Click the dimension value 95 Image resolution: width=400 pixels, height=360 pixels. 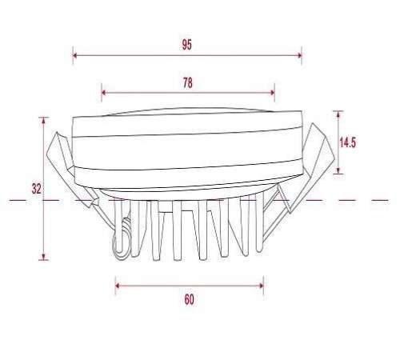click(x=186, y=45)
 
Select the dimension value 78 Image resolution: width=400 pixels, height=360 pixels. click(x=188, y=82)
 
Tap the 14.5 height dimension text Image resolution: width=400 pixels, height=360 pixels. click(x=347, y=142)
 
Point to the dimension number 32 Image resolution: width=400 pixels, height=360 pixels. click(x=36, y=189)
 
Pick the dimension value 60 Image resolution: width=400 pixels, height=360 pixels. click(x=189, y=300)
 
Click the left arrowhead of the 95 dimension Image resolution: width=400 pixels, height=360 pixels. click(x=75, y=55)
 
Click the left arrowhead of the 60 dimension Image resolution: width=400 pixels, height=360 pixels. click(x=118, y=283)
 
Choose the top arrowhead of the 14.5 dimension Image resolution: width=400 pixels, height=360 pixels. click(x=339, y=114)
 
